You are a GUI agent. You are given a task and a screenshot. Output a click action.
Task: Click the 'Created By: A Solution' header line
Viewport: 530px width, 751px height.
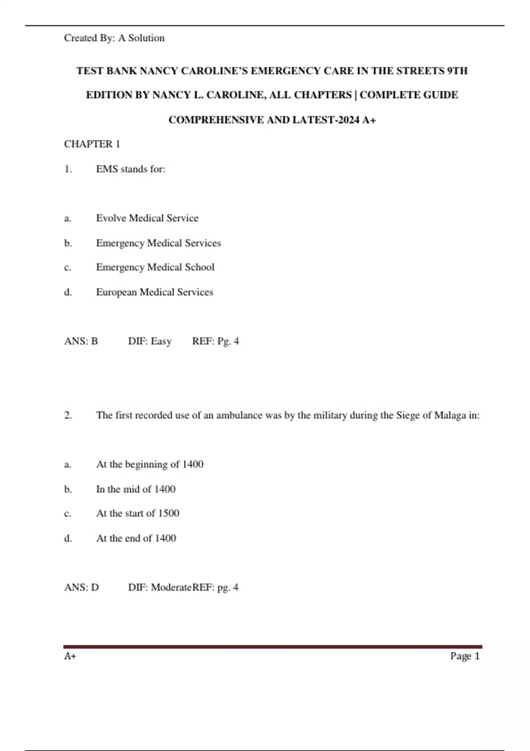point(114,38)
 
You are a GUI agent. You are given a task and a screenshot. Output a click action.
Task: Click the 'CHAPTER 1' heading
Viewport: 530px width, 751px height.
point(92,144)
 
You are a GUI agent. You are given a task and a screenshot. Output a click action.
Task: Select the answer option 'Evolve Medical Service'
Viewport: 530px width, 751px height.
point(147,218)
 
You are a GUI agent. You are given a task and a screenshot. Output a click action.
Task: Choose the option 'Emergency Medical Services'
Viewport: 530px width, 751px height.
point(158,243)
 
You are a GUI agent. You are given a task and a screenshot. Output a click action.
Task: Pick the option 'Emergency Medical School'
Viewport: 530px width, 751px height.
point(155,267)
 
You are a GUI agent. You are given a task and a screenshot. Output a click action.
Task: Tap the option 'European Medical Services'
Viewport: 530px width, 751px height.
point(155,292)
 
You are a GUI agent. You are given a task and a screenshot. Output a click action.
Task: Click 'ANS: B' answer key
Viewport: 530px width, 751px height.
point(81,341)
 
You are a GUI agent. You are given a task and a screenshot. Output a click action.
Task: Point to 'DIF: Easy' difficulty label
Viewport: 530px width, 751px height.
point(150,341)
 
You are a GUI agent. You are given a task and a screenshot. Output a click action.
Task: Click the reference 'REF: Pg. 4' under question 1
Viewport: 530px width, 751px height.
point(216,341)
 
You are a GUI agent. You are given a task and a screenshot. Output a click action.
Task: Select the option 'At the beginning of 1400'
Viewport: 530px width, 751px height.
point(150,464)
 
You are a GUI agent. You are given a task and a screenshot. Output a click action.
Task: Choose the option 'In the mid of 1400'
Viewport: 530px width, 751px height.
point(136,489)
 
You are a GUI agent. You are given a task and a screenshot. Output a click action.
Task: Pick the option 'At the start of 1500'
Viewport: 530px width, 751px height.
point(138,513)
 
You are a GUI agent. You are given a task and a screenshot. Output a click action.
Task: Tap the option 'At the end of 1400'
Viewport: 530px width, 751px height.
point(136,538)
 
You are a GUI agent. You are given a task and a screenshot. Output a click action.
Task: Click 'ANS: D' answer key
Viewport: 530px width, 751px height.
point(81,587)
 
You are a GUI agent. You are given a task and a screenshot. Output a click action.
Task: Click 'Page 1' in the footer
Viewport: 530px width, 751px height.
point(465,656)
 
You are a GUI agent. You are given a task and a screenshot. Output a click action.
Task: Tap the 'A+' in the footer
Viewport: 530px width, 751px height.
point(70,656)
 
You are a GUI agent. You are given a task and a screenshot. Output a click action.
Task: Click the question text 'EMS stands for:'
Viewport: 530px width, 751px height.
point(131,169)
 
